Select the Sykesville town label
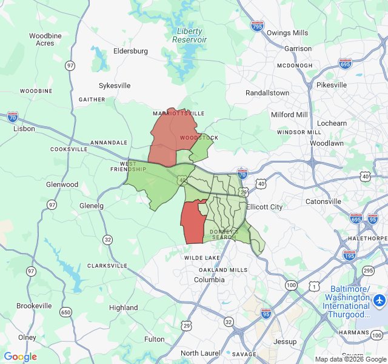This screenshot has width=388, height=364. coord(115,86)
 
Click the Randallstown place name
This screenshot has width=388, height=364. coord(267,93)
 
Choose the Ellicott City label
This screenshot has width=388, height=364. coord(264,207)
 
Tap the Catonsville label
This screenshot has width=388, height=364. coord(323,201)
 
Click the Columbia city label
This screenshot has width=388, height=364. coord(209,280)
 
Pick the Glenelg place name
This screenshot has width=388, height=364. coord(92,206)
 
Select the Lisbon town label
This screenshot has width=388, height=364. coord(24,129)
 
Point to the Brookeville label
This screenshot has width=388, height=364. coord(34,306)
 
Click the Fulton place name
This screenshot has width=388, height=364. coord(154,339)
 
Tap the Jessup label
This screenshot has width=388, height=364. coord(285,342)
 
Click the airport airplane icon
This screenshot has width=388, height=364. coord(380,300)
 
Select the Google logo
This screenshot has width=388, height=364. coord(21,357)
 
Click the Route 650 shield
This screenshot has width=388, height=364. coord(65,312)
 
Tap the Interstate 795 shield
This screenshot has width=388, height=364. coord(257,25)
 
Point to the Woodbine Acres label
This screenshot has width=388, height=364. coord(45,39)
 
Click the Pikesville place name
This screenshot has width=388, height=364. coord(332,85)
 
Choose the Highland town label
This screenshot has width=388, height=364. coord(124,308)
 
